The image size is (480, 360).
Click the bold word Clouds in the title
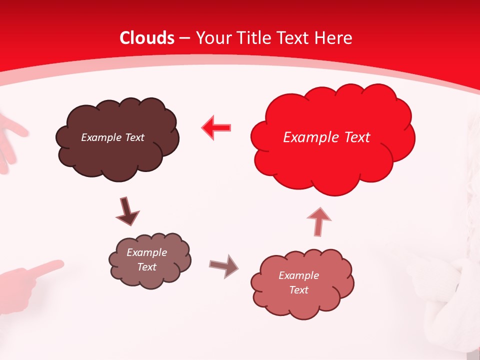click(147, 38)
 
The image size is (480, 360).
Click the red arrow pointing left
click(216, 128)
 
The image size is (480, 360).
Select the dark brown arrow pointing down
click(127, 211)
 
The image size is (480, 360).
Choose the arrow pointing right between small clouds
click(223, 265)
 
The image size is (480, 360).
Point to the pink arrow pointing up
click(318, 221)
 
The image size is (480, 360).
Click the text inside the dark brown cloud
click(112, 137)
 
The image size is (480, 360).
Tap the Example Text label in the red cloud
click(326, 137)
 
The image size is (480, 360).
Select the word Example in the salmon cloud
click(298, 275)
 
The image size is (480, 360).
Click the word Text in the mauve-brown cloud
click(146, 267)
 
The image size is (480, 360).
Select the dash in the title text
click(184, 38)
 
